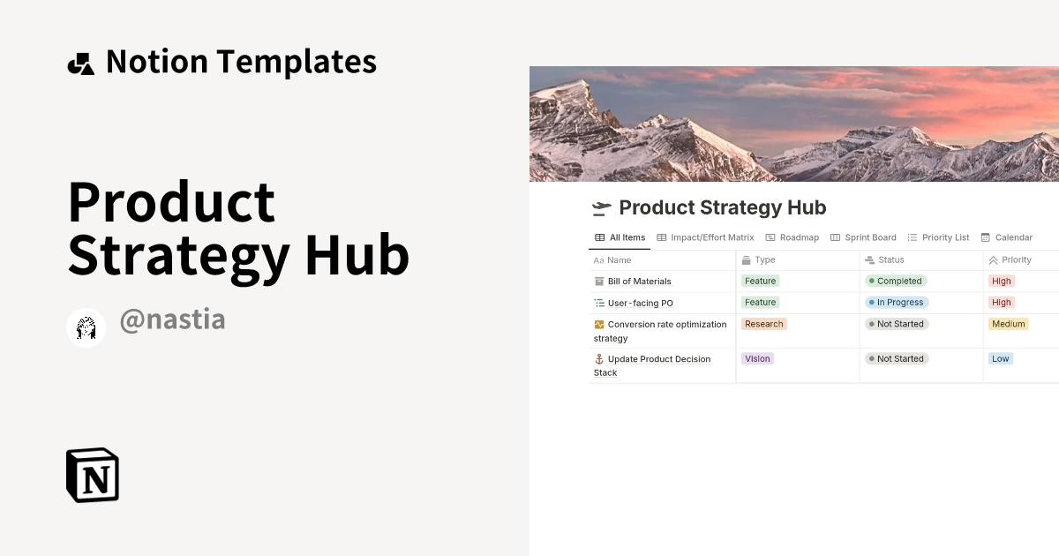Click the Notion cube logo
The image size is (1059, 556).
click(93, 475)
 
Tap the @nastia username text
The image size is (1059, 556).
click(172, 319)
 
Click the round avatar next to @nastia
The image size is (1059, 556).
click(86, 328)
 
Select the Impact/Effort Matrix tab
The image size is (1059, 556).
click(705, 237)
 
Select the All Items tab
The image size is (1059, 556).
click(620, 237)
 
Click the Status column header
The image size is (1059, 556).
click(890, 260)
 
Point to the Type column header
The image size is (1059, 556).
click(764, 260)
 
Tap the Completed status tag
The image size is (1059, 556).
click(896, 282)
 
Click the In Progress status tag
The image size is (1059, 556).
click(897, 303)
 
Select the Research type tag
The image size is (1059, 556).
click(763, 324)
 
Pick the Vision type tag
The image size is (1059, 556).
click(757, 359)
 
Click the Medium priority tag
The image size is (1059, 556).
click(1008, 324)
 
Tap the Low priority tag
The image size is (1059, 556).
click(1000, 359)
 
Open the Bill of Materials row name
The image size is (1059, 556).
click(639, 282)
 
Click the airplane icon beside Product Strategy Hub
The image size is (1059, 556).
click(601, 208)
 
